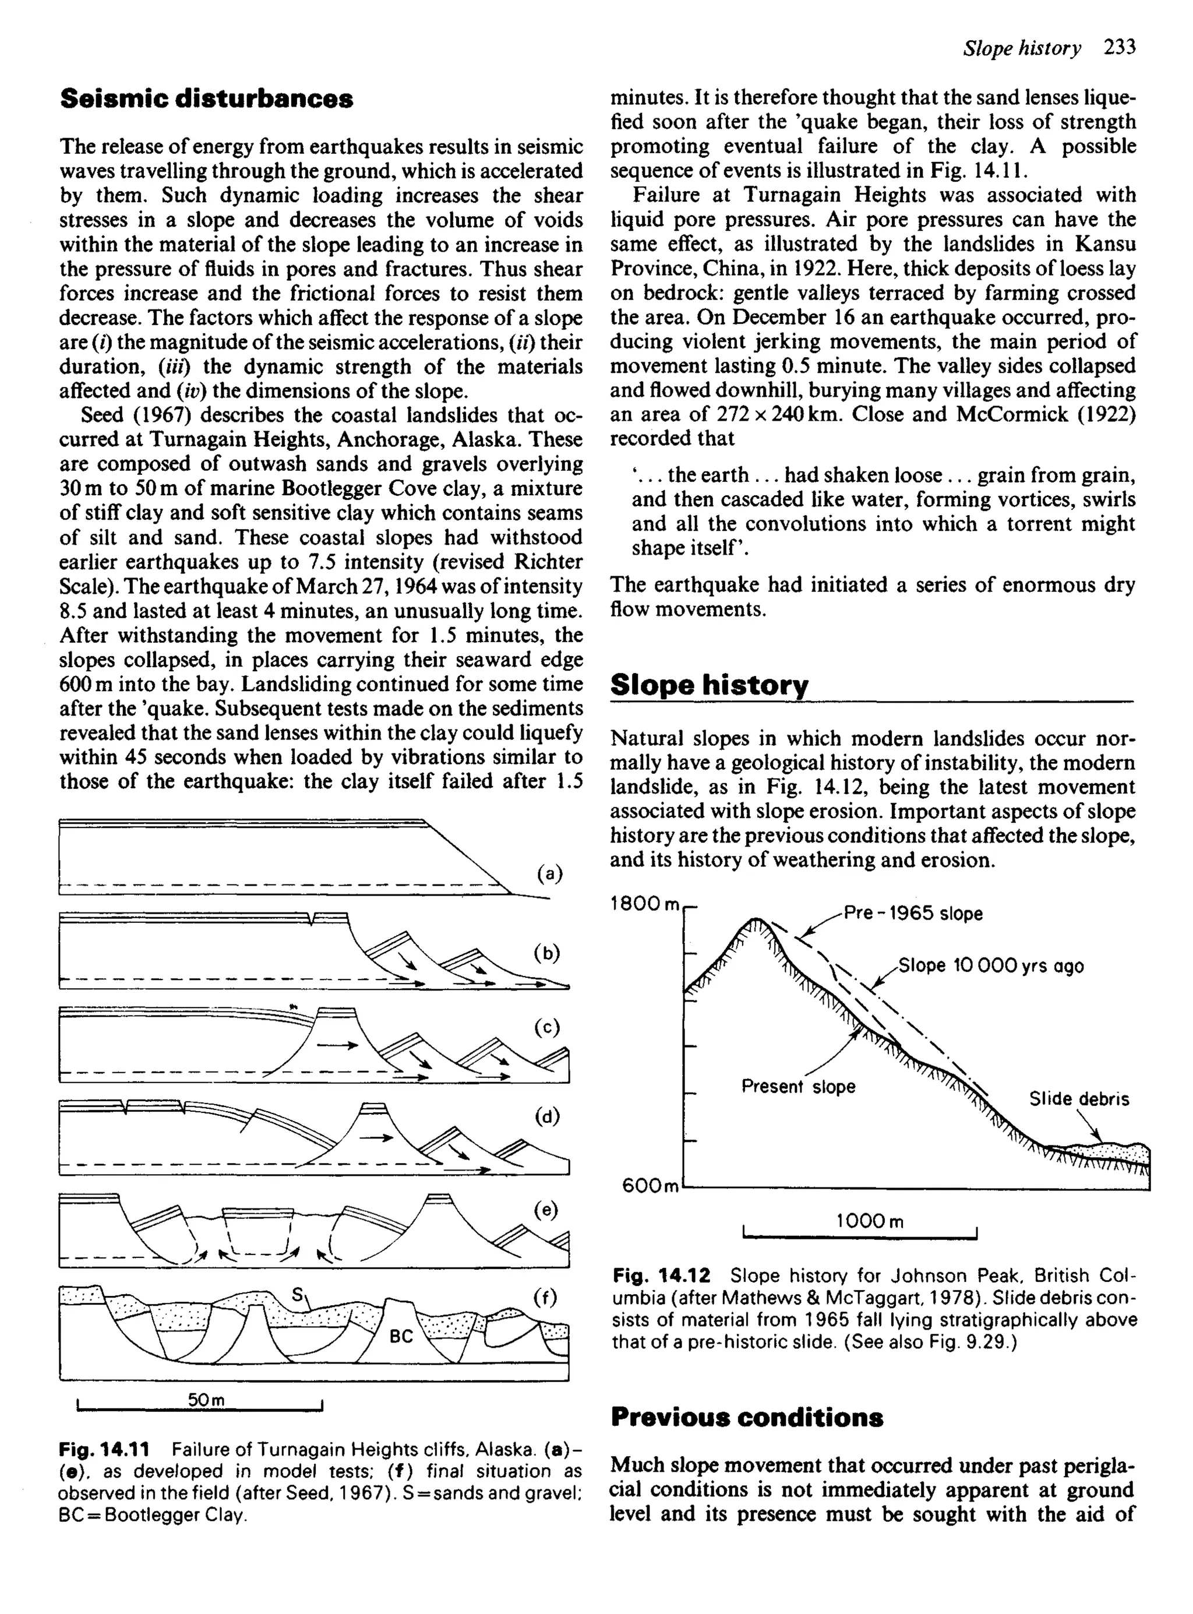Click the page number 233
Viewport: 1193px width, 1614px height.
1120,48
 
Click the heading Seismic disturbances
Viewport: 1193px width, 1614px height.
207,99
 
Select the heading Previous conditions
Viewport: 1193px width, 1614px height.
747,1417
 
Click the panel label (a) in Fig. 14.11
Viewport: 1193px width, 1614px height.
549,874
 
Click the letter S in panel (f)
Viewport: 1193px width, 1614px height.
296,1295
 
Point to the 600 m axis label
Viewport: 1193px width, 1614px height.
650,1186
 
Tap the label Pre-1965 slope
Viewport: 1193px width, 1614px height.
913,914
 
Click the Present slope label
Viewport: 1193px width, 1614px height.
798,1087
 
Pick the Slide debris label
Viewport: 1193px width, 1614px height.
1079,1099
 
